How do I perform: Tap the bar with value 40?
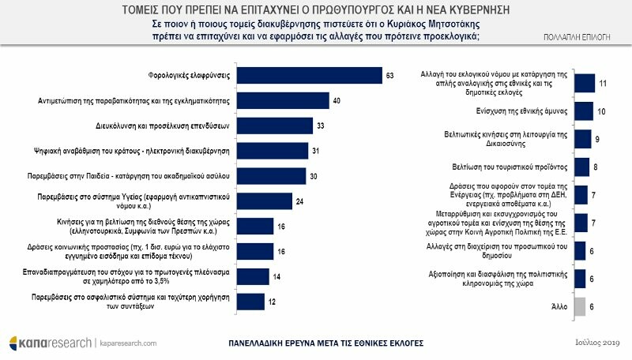coord(282,101)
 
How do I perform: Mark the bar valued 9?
coord(582,139)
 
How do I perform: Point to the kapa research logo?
coord(47,343)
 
